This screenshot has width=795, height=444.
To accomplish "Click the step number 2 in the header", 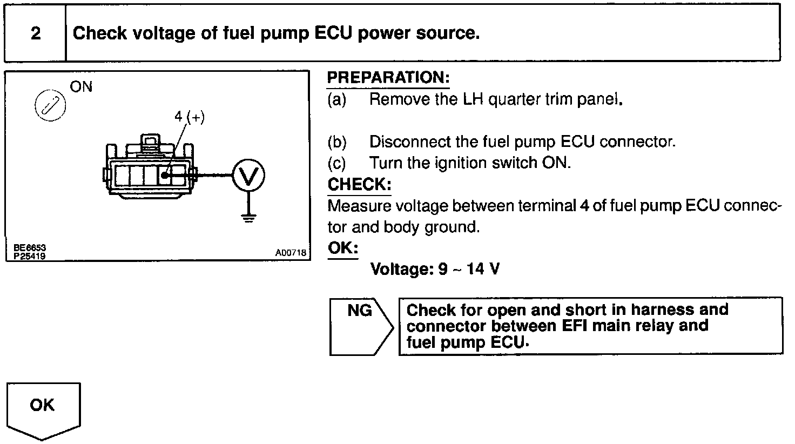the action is click(36, 33).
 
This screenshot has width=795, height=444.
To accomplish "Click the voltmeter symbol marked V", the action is click(248, 176).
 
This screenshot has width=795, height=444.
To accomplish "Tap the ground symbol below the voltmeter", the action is click(248, 217).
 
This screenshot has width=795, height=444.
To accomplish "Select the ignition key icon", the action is click(50, 105).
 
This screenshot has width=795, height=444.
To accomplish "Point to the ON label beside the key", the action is click(81, 87).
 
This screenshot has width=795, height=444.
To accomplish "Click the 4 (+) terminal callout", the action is click(190, 117).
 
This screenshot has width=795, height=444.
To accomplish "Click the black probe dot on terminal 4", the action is click(164, 176).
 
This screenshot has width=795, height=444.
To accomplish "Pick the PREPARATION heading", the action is click(388, 77).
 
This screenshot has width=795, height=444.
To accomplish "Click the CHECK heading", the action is click(360, 184).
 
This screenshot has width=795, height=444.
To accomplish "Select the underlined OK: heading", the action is click(343, 248).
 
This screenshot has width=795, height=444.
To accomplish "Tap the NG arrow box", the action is click(362, 327).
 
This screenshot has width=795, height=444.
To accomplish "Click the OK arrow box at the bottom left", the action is click(44, 411).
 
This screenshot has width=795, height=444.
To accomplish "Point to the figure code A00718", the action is click(291, 253).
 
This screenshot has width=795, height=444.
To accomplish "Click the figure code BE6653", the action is click(30, 247).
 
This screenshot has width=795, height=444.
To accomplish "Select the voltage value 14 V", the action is click(483, 269).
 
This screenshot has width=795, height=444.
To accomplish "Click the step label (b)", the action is click(337, 142).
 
